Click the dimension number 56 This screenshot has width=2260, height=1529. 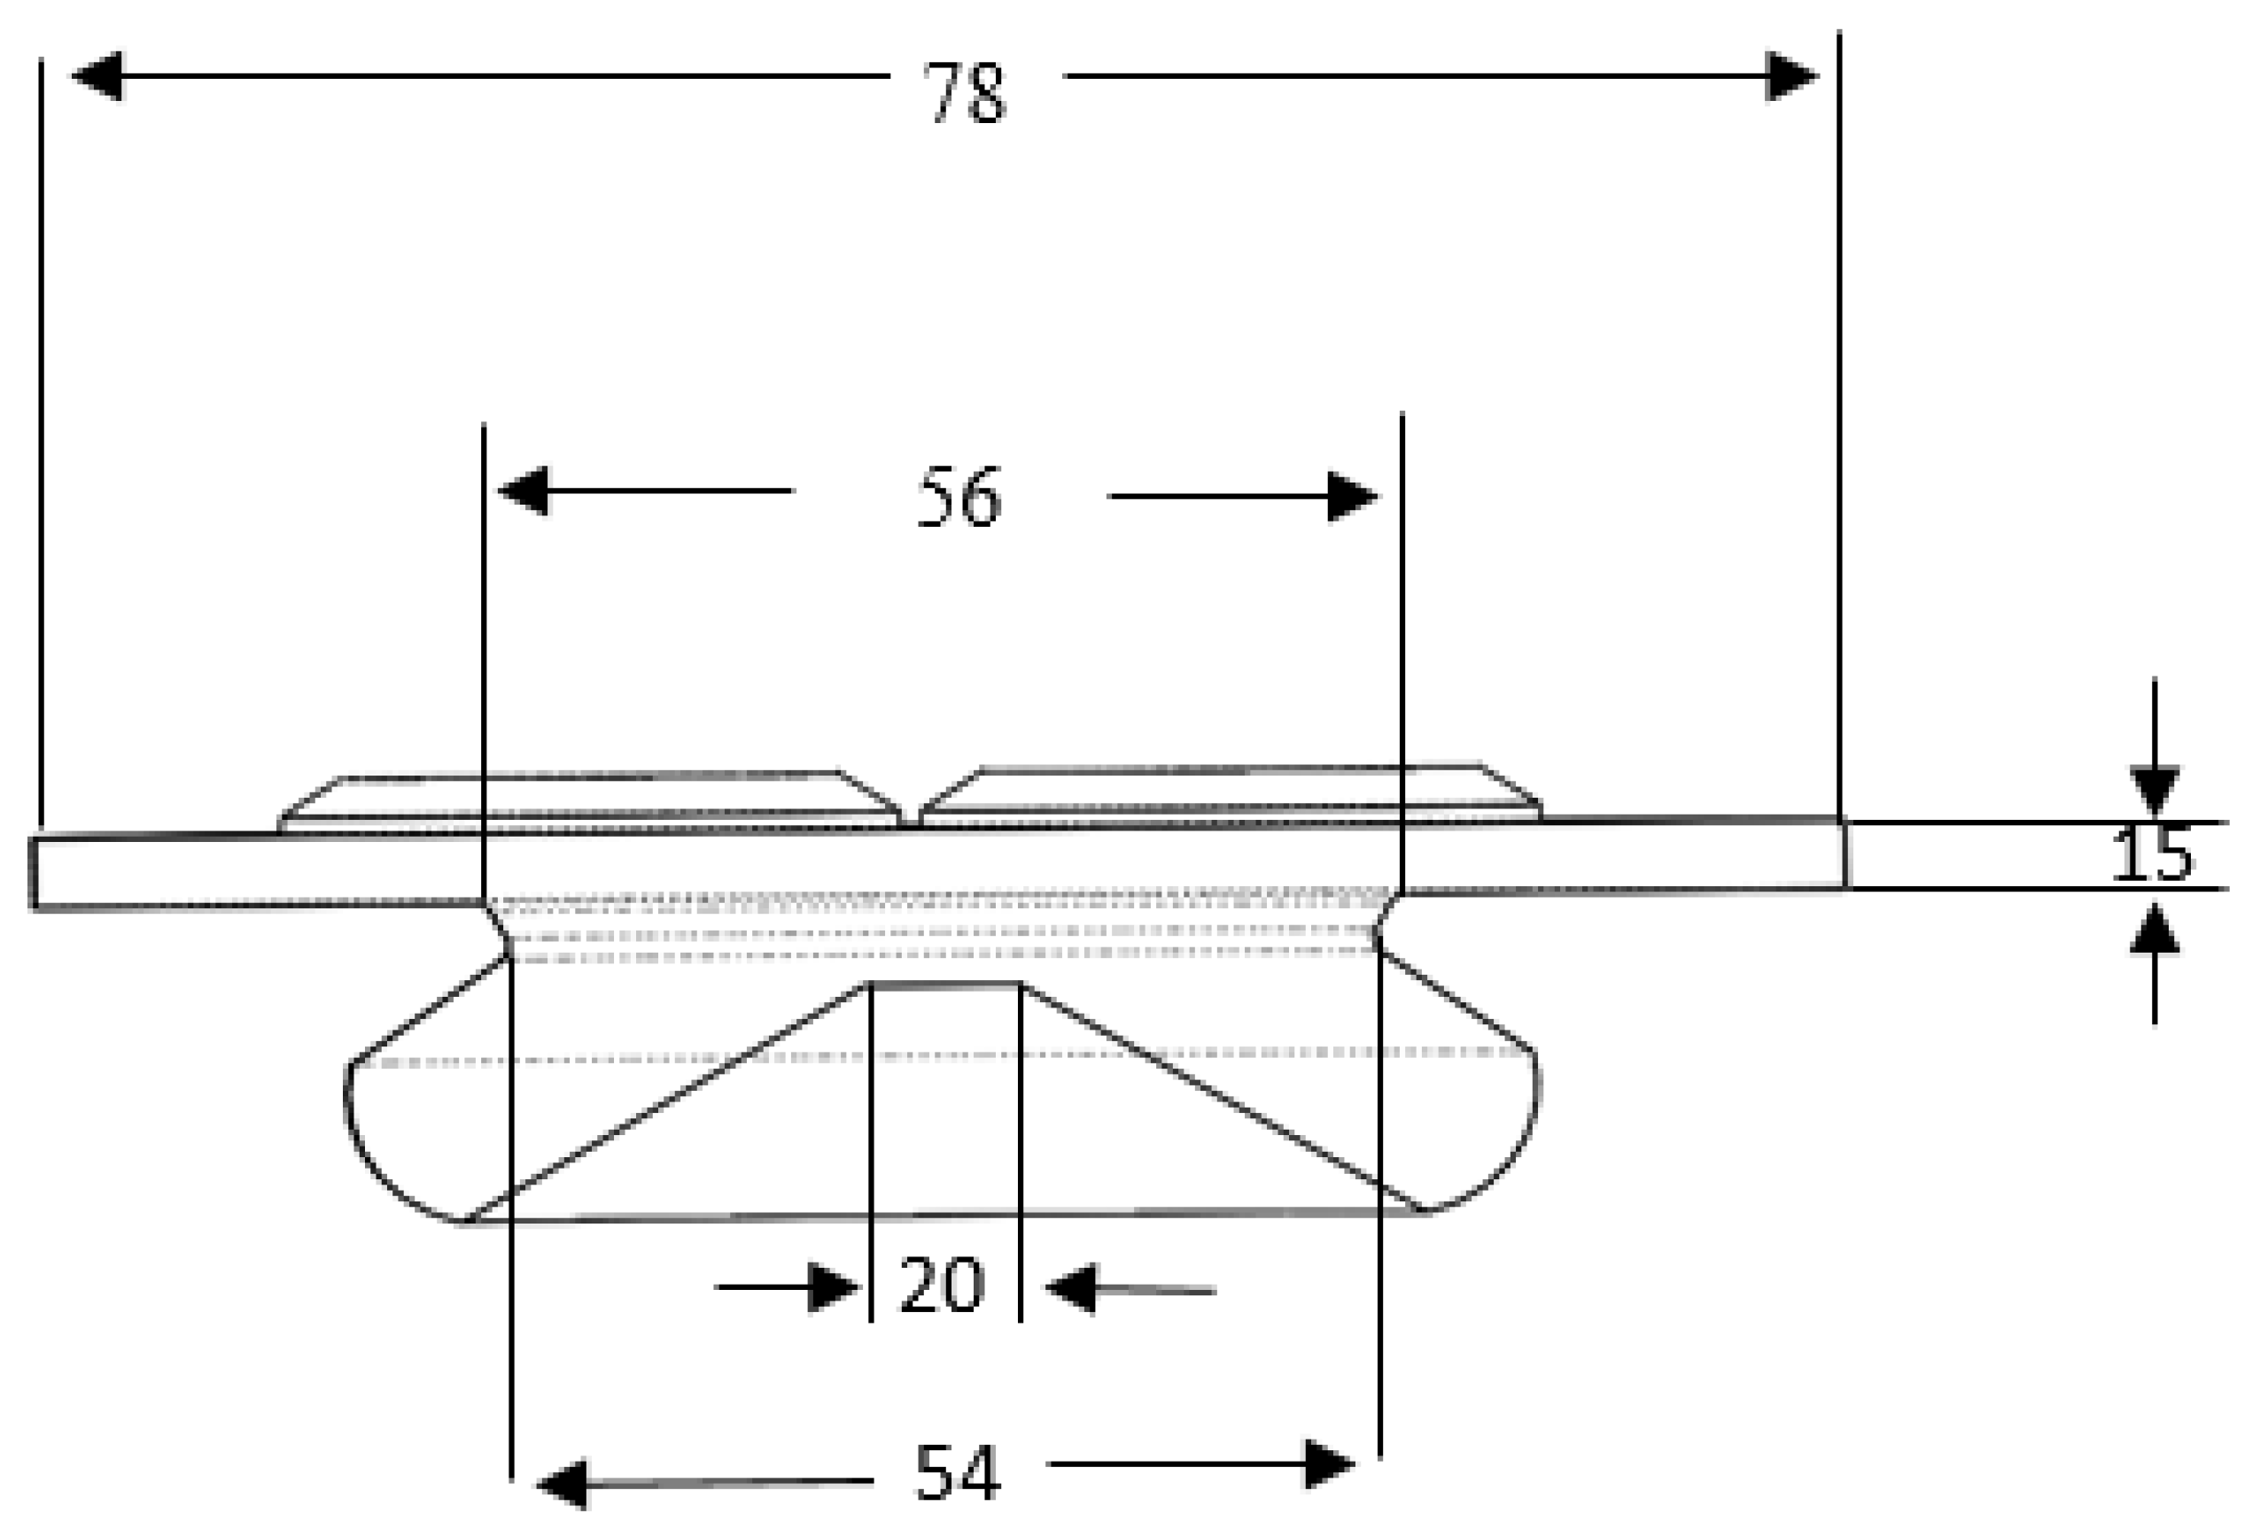tap(959, 498)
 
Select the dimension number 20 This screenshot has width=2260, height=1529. tap(942, 1286)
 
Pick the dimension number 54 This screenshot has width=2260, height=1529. tap(957, 1472)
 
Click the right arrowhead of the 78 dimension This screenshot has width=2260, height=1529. tap(1791, 76)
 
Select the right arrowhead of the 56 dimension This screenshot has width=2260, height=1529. tap(1353, 497)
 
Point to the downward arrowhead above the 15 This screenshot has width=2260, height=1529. tap(2154, 789)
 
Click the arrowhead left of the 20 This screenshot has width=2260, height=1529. tap(834, 1287)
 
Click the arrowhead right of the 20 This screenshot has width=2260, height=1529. tap(1072, 1289)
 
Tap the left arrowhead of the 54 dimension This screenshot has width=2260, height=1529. tap(563, 1484)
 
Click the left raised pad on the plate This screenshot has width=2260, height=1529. tap(589, 801)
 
